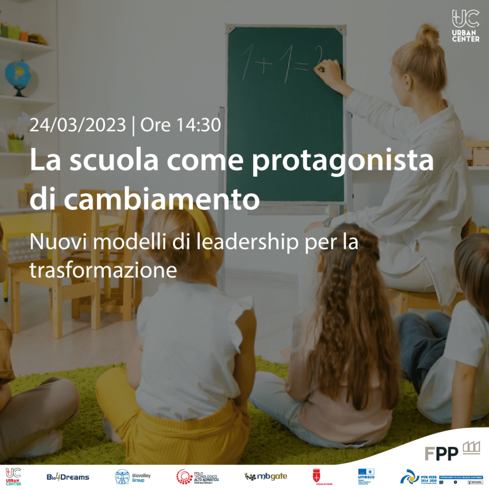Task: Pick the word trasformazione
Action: [103, 270]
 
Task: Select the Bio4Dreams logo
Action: [67, 477]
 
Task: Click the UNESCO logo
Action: [366, 477]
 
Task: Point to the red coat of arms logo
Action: [316, 477]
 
